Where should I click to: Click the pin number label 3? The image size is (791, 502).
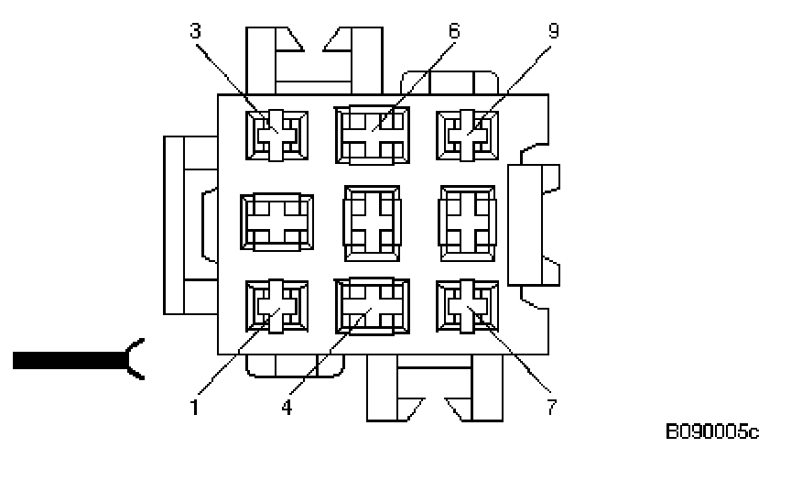pyautogui.click(x=195, y=30)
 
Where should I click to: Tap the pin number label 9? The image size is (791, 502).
pyautogui.click(x=552, y=30)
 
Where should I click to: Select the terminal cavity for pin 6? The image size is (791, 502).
pyautogui.click(x=371, y=135)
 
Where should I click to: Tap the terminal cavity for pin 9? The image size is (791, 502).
pyautogui.click(x=468, y=135)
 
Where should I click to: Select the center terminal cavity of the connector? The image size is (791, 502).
pyautogui.click(x=371, y=220)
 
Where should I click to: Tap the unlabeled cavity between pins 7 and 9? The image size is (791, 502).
pyautogui.click(x=468, y=220)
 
